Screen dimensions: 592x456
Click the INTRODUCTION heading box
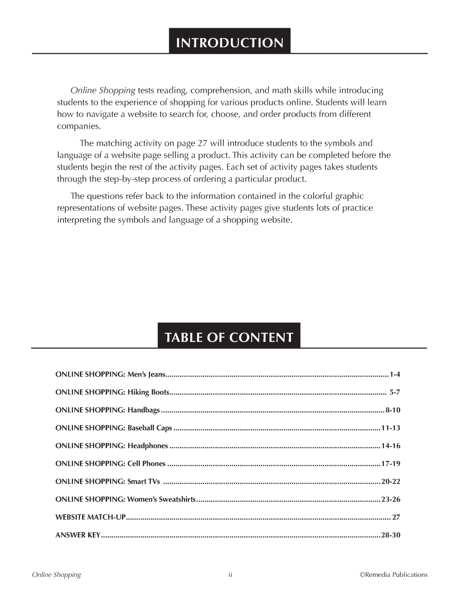click(229, 42)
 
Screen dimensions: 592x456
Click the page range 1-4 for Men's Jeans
click(394, 375)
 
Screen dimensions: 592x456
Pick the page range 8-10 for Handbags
click(393, 410)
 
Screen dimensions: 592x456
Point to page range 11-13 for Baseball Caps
click(391, 428)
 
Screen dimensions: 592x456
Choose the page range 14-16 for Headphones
click(391, 446)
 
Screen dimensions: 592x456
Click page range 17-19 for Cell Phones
click(391, 464)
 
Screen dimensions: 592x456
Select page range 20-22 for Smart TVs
click(391, 481)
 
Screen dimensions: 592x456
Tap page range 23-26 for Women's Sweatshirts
click(391, 500)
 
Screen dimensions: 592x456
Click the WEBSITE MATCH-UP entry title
click(90, 517)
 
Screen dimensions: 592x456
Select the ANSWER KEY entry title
click(78, 535)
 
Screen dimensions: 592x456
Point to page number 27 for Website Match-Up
click(396, 517)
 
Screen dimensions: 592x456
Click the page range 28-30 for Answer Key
click(391, 535)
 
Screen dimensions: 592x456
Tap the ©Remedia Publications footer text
click(394, 575)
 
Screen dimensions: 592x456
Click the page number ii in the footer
click(230, 575)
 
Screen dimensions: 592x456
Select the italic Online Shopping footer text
click(56, 575)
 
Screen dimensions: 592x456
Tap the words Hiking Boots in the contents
click(148, 393)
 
